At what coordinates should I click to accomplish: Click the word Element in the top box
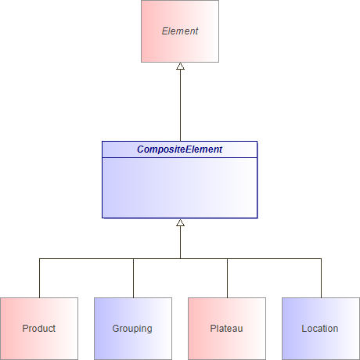coord(179,31)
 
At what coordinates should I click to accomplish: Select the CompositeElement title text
coord(179,149)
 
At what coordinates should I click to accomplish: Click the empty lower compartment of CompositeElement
coord(179,188)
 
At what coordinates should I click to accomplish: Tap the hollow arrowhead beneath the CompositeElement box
coord(180,223)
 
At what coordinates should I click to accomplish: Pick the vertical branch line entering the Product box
coord(39,278)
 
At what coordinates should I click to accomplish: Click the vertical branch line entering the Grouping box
coord(133,278)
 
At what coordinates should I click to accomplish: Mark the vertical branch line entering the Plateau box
coord(227,278)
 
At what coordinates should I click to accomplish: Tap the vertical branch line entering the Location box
coord(321,278)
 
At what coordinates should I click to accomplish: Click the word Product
coord(39,329)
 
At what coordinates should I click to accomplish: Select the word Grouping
coord(132,329)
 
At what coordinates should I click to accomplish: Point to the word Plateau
coord(227,329)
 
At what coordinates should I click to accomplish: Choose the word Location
coord(320,329)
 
